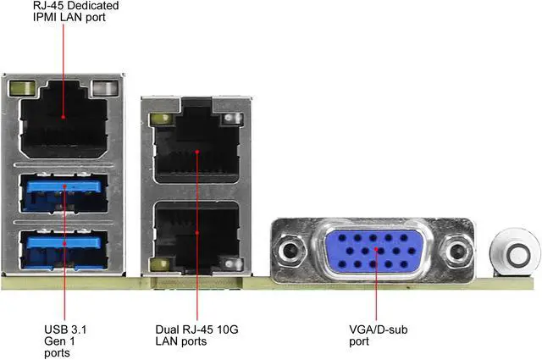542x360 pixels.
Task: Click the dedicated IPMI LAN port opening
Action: click(x=64, y=127)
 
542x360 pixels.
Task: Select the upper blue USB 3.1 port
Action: click(x=64, y=194)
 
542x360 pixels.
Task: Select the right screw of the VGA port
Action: click(x=458, y=252)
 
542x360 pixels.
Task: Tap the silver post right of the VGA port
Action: click(x=512, y=252)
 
